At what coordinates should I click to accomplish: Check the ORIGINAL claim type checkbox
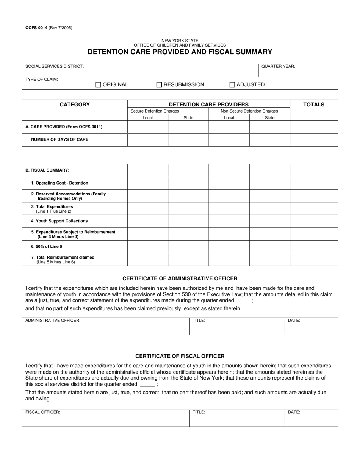98,85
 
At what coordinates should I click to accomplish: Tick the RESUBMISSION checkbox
159,85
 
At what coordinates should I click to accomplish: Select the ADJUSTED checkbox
232,85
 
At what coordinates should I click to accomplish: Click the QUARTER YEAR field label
278,66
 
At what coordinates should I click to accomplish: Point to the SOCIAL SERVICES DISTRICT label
55,66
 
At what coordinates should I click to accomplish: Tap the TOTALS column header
314,105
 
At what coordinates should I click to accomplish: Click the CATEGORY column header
75,105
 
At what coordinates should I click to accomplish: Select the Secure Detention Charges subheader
155,111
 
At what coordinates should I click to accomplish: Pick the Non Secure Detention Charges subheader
249,111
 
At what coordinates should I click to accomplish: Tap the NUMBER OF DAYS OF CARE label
59,139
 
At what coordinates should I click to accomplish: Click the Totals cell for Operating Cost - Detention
314,183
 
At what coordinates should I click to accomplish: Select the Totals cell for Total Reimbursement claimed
314,260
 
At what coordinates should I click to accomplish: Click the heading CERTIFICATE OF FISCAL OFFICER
180,356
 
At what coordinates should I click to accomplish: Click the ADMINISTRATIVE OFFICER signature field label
53,321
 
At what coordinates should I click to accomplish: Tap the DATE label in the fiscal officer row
294,412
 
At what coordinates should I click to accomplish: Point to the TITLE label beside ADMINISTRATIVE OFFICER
199,321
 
